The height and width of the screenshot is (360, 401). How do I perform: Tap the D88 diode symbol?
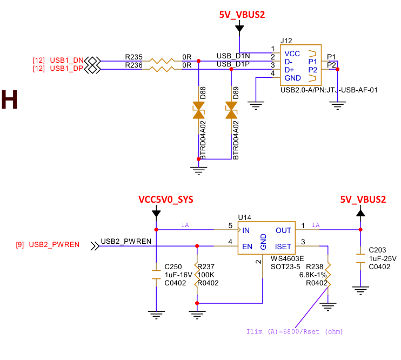pyautogui.click(x=199, y=112)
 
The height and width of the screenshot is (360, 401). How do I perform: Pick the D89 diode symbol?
pyautogui.click(x=232, y=112)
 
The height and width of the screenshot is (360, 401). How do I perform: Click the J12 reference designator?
pyautogui.click(x=286, y=41)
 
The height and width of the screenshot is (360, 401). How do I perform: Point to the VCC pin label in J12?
pyautogui.click(x=292, y=54)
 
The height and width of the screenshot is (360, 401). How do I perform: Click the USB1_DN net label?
pyautogui.click(x=67, y=59)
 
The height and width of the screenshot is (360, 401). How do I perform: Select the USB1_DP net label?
pyautogui.click(x=67, y=68)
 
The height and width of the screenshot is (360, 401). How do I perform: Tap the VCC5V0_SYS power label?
pyautogui.click(x=165, y=199)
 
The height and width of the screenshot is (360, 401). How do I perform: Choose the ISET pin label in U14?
pyautogui.click(x=283, y=246)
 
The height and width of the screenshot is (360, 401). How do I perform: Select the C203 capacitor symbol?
pyautogui.click(x=360, y=258)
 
